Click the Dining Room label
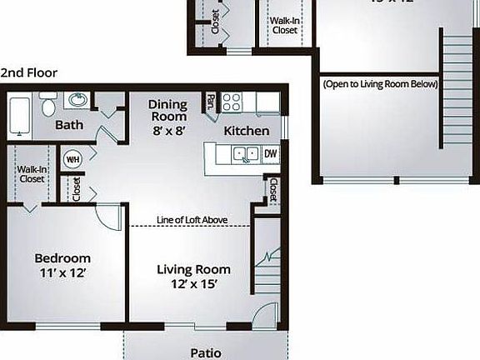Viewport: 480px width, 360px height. tap(167, 117)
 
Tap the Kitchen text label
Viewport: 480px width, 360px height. tap(246, 131)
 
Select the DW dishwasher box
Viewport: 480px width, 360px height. tap(271, 153)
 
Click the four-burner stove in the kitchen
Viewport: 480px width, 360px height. tap(231, 102)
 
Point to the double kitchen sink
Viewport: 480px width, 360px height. tap(245, 153)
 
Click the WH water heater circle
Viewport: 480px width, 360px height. tap(72, 159)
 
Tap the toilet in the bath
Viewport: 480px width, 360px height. tap(48, 107)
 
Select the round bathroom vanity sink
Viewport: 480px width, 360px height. tap(76, 101)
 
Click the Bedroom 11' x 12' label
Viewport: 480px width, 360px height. tap(62, 265)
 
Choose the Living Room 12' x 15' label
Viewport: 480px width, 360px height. tap(194, 277)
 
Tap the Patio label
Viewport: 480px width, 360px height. tap(205, 352)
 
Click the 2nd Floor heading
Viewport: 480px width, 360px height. tap(29, 72)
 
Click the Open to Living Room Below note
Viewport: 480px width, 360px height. tap(380, 84)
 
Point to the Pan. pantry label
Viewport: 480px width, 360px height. tap(209, 102)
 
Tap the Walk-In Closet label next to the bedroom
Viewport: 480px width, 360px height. tap(32, 173)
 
